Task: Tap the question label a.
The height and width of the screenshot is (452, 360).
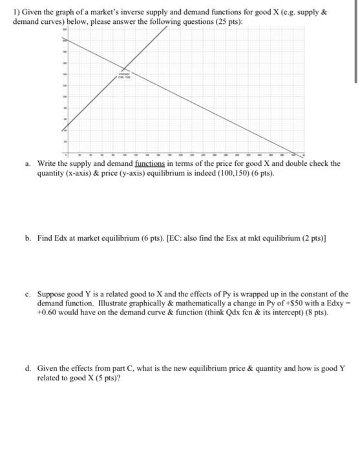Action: [x=28, y=164]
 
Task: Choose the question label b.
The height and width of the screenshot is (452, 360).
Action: [x=28, y=238]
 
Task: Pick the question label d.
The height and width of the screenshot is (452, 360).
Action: [x=28, y=369]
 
